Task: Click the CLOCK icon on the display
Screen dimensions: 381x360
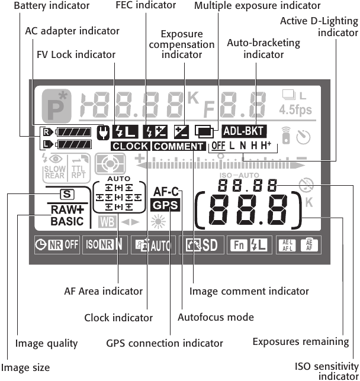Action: pyautogui.click(x=130, y=146)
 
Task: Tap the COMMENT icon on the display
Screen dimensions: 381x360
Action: pyautogui.click(x=178, y=146)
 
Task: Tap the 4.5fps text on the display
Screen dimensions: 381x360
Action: pyautogui.click(x=295, y=109)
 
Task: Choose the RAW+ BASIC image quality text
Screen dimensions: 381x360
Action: pyautogui.click(x=67, y=216)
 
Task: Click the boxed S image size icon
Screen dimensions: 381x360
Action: pyautogui.click(x=66, y=193)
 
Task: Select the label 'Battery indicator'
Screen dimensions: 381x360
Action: pyautogui.click(x=52, y=6)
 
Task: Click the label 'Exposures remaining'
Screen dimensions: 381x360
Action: pyautogui.click(x=301, y=341)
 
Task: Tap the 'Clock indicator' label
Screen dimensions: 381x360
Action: pyautogui.click(x=118, y=317)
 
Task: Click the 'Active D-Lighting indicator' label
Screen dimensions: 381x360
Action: pyautogui.click(x=320, y=26)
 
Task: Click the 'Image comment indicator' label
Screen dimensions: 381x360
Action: pyautogui.click(x=249, y=291)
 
